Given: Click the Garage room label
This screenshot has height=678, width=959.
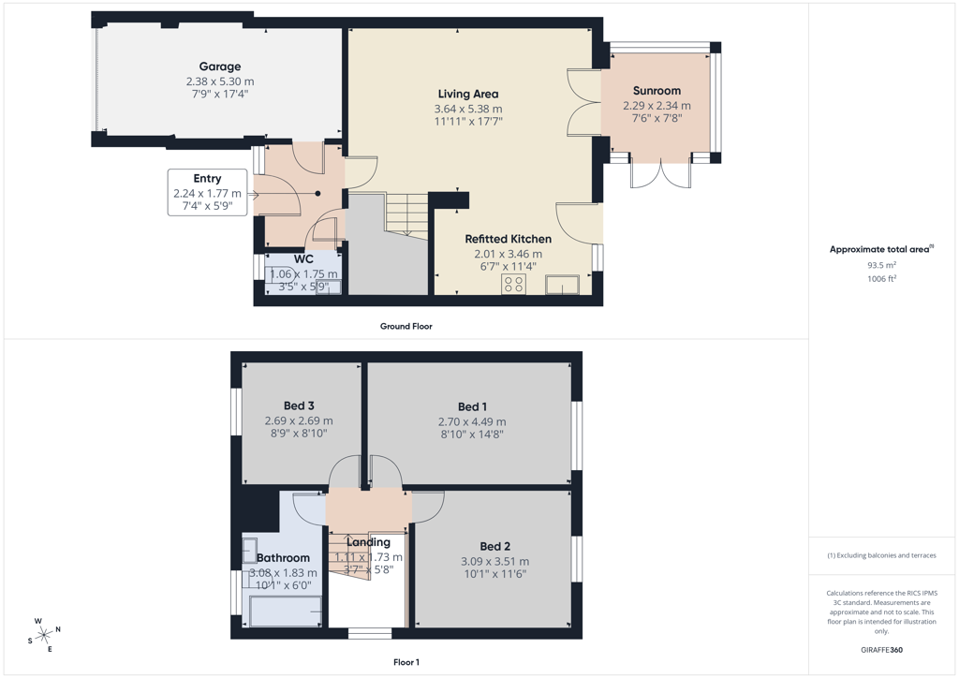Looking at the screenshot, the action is click(x=219, y=66).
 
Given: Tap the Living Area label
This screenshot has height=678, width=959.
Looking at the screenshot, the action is click(x=468, y=95).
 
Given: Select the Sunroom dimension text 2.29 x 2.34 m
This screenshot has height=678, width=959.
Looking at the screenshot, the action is click(x=657, y=106).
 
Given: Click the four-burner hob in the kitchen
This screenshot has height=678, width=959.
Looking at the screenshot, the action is click(x=514, y=284).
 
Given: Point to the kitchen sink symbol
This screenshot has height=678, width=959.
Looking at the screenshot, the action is click(x=563, y=285).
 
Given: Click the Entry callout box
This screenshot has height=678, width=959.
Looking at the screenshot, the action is click(x=207, y=192).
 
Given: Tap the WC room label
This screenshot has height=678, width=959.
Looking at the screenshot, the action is click(x=303, y=259).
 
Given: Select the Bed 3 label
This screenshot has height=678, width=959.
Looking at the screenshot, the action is click(x=299, y=405).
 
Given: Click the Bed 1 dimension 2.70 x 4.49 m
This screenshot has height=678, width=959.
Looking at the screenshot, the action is click(x=472, y=421).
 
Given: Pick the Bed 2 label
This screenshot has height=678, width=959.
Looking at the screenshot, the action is click(x=495, y=547).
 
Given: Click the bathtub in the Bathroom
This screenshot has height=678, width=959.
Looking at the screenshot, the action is click(x=286, y=612).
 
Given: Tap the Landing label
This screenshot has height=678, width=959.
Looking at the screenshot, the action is click(x=368, y=542).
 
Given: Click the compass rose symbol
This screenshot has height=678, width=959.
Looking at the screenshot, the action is click(x=44, y=636).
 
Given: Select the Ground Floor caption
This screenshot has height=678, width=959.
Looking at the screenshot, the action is click(x=406, y=327).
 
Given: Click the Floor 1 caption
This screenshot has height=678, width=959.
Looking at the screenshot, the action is click(x=406, y=662).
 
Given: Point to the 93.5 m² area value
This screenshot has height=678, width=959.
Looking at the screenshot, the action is click(x=881, y=265).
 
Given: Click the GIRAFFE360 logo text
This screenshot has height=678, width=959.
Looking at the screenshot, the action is click(x=881, y=650).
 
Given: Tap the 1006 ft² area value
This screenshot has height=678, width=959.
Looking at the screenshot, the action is click(x=881, y=279).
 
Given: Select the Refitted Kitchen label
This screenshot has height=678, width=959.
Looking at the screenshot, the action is click(x=509, y=239).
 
